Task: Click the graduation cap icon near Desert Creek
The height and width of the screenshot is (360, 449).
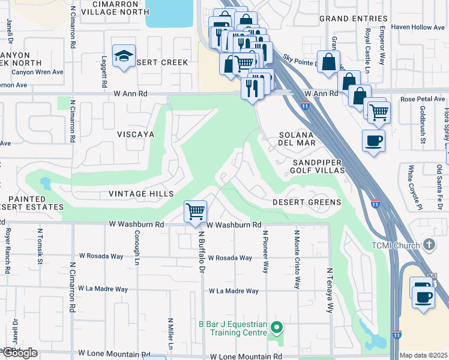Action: (x=124, y=56)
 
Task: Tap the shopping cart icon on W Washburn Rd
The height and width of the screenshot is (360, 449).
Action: (x=195, y=212)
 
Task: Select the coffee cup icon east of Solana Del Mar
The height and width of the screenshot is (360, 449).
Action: (x=373, y=141)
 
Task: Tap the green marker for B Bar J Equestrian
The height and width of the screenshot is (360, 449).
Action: (x=276, y=328)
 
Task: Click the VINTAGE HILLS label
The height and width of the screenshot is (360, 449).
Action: (x=141, y=194)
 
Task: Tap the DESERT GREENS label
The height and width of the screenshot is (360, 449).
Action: (x=307, y=202)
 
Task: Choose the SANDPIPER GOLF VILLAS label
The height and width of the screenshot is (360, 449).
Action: (x=318, y=166)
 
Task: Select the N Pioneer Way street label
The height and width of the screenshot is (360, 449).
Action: (x=265, y=251)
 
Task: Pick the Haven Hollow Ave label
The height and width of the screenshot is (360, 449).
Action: (x=418, y=28)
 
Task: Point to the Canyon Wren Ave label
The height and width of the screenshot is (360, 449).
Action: (x=37, y=73)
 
